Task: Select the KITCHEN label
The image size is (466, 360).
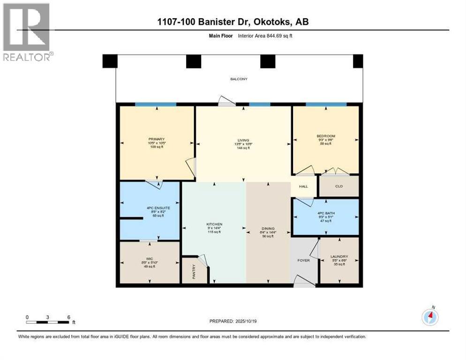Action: pyautogui.click(x=214, y=225)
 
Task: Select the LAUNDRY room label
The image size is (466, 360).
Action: pyautogui.click(x=339, y=256)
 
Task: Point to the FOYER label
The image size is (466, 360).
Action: pyautogui.click(x=304, y=260)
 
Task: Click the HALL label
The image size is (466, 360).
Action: pyautogui.click(x=303, y=187)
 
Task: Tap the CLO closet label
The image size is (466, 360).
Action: pyautogui.click(x=339, y=186)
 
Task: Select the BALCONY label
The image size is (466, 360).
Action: pyautogui.click(x=239, y=79)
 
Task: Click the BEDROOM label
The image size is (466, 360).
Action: pyautogui.click(x=326, y=136)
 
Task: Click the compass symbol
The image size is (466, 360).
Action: pyautogui.click(x=430, y=317)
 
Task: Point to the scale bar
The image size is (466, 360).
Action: pyautogui.click(x=48, y=322)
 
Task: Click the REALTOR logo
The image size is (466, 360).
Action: pyautogui.click(x=27, y=32)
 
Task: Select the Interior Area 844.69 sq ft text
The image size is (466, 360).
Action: pyautogui.click(x=266, y=36)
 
